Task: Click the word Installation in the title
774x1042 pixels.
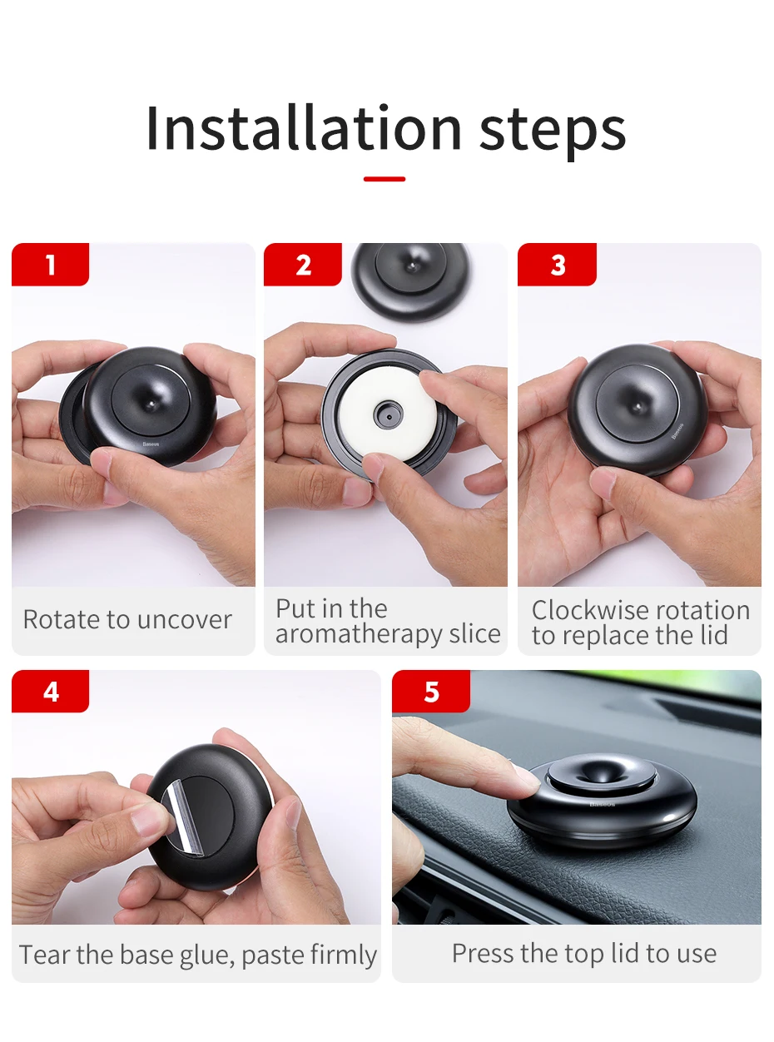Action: point(304,128)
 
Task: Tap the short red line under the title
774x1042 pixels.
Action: point(385,179)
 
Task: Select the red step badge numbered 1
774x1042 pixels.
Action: point(50,265)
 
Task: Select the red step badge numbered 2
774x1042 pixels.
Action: point(303,265)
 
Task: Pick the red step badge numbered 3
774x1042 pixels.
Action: point(557,265)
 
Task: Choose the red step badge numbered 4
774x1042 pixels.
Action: point(50,692)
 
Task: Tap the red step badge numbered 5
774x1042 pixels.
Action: point(431,692)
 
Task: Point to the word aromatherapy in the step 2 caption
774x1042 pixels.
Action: point(358,636)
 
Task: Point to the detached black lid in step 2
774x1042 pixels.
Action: point(410,280)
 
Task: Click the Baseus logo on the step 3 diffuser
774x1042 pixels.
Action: point(677,431)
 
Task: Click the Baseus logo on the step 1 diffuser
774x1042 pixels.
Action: point(151,444)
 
